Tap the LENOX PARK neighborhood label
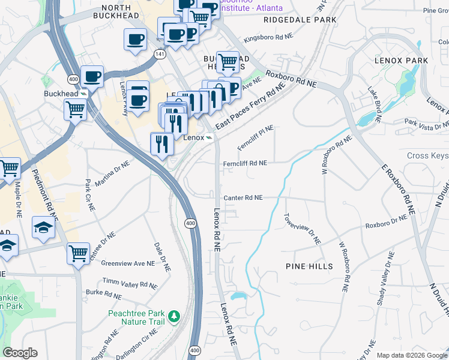(x=401, y=61)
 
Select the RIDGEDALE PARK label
(x=300, y=20)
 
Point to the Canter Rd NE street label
(x=243, y=197)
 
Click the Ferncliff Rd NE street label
(x=245, y=163)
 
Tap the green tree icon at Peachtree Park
(x=174, y=315)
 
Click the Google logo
(x=20, y=353)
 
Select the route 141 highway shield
(x=158, y=53)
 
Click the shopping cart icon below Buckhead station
(x=75, y=110)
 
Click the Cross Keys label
(x=427, y=155)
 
